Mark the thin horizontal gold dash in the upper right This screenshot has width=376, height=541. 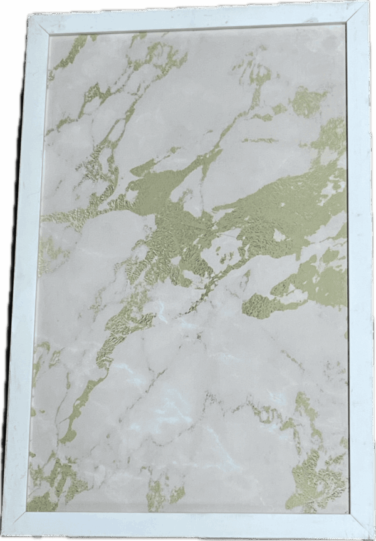pyautogui.click(x=263, y=140)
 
